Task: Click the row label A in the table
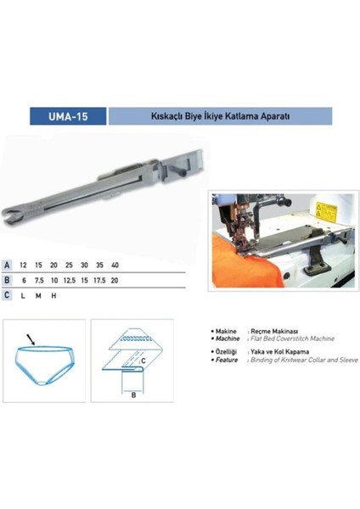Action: tap(8, 266)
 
